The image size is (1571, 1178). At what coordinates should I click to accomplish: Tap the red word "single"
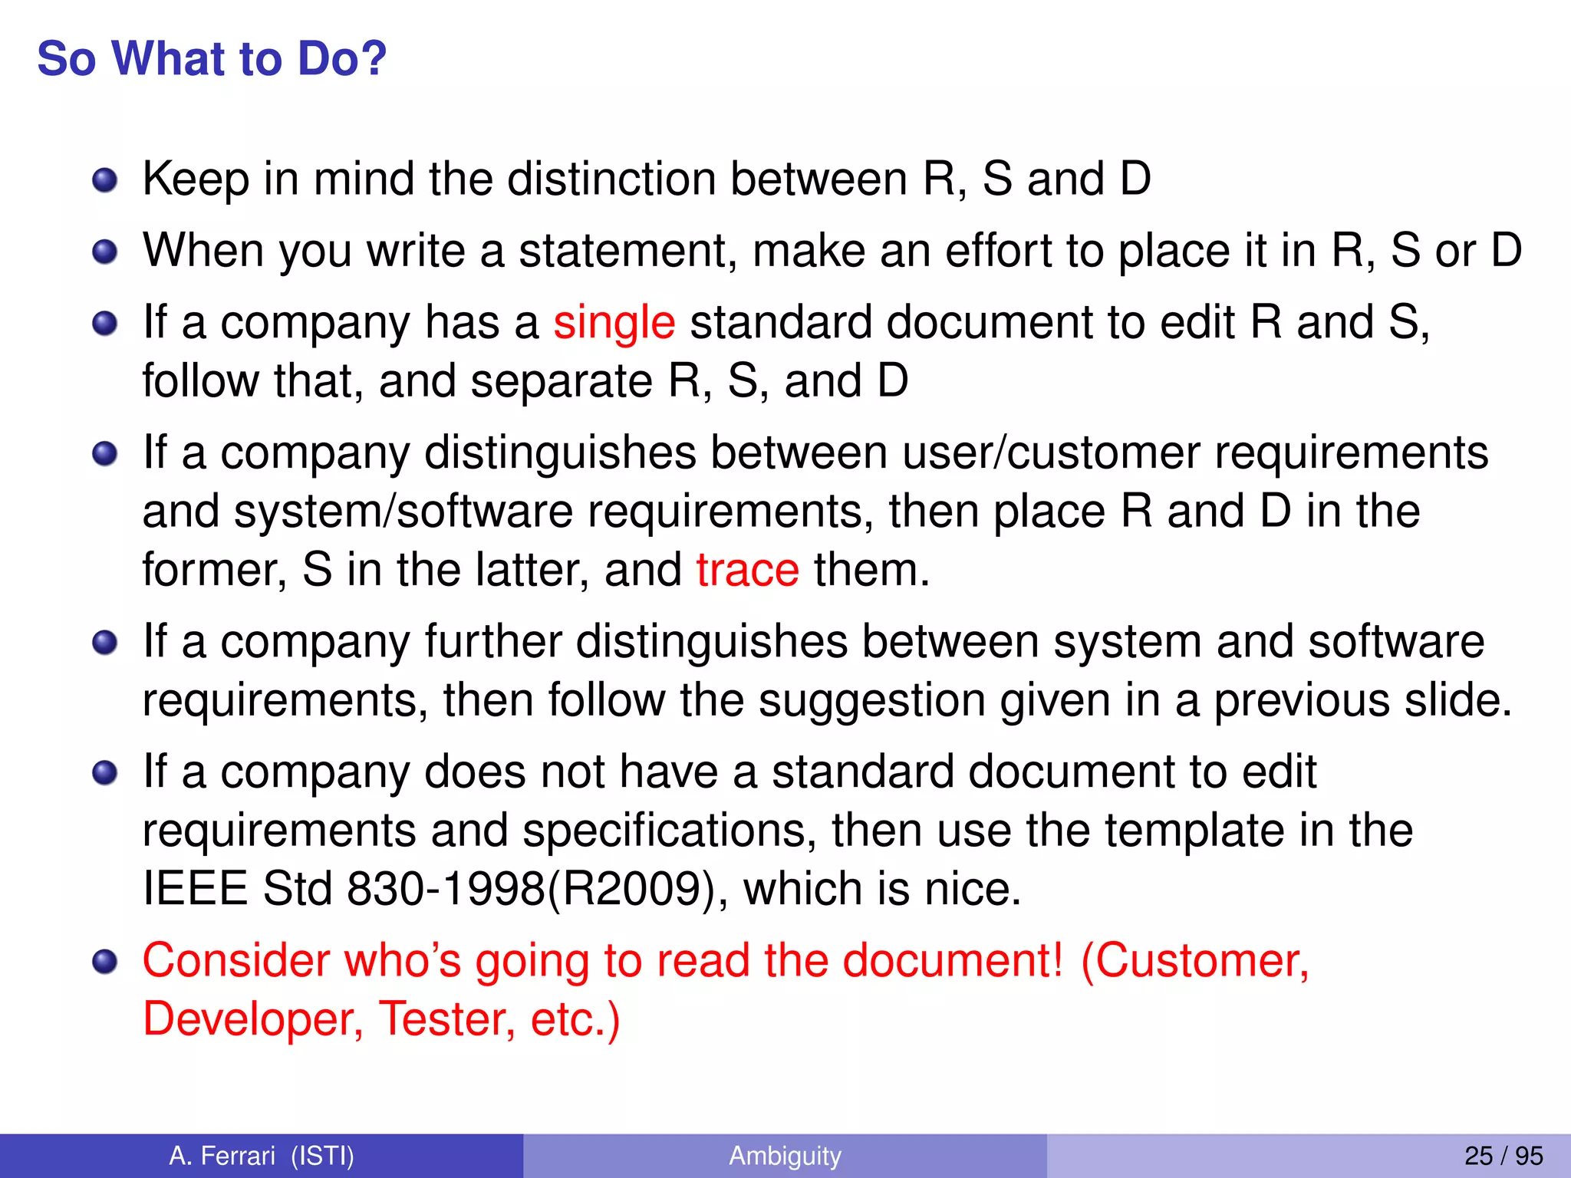click(x=614, y=322)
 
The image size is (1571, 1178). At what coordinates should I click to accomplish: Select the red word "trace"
click(x=748, y=570)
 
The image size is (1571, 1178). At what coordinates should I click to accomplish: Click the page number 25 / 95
click(x=1503, y=1155)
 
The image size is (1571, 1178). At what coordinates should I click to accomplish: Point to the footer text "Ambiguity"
click(x=785, y=1155)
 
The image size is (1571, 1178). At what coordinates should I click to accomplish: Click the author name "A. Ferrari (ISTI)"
click(x=262, y=1155)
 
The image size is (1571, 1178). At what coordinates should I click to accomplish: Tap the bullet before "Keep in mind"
click(x=104, y=181)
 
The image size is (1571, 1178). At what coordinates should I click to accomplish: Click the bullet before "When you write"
click(x=104, y=252)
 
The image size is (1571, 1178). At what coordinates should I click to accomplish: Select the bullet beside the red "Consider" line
click(x=104, y=962)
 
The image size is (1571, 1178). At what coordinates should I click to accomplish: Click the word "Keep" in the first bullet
click(x=196, y=179)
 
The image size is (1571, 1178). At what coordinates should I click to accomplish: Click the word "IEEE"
click(x=196, y=889)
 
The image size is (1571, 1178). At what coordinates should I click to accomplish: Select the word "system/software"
click(x=403, y=512)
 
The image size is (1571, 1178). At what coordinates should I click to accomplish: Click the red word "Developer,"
click(x=253, y=1019)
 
